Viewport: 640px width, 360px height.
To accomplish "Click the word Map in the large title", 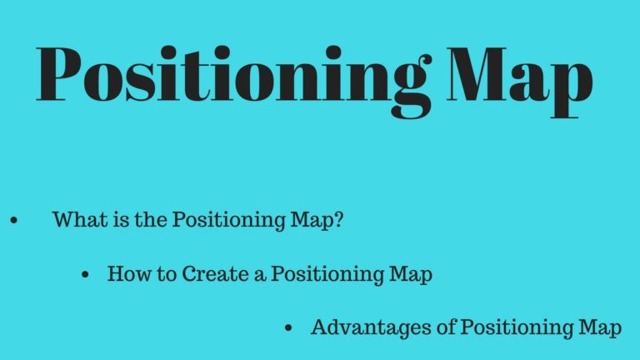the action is pyautogui.click(x=520, y=82).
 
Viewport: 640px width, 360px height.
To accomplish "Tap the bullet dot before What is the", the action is pyautogui.click(x=14, y=220).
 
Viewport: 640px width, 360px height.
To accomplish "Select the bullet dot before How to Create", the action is pyautogui.click(x=85, y=274).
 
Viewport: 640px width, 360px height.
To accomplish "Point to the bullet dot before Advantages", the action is pyautogui.click(x=288, y=328).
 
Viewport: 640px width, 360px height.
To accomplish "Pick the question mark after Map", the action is pyautogui.click(x=338, y=220).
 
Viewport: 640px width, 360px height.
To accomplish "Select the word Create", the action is pyautogui.click(x=215, y=273).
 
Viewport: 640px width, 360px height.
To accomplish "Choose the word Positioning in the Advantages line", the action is pyautogui.click(x=517, y=328).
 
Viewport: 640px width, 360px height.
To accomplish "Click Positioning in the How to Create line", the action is pyautogui.click(x=327, y=274).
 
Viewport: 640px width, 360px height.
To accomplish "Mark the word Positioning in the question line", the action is pyautogui.click(x=229, y=220).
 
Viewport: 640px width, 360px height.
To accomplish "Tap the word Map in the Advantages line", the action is pyautogui.click(x=600, y=328).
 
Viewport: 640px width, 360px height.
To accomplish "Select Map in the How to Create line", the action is pyautogui.click(x=411, y=275).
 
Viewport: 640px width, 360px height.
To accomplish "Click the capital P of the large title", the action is pyautogui.click(x=58, y=74).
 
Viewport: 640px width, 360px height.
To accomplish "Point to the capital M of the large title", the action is pyautogui.click(x=477, y=74).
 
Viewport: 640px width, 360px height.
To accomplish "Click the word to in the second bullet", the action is pyautogui.click(x=167, y=274).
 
